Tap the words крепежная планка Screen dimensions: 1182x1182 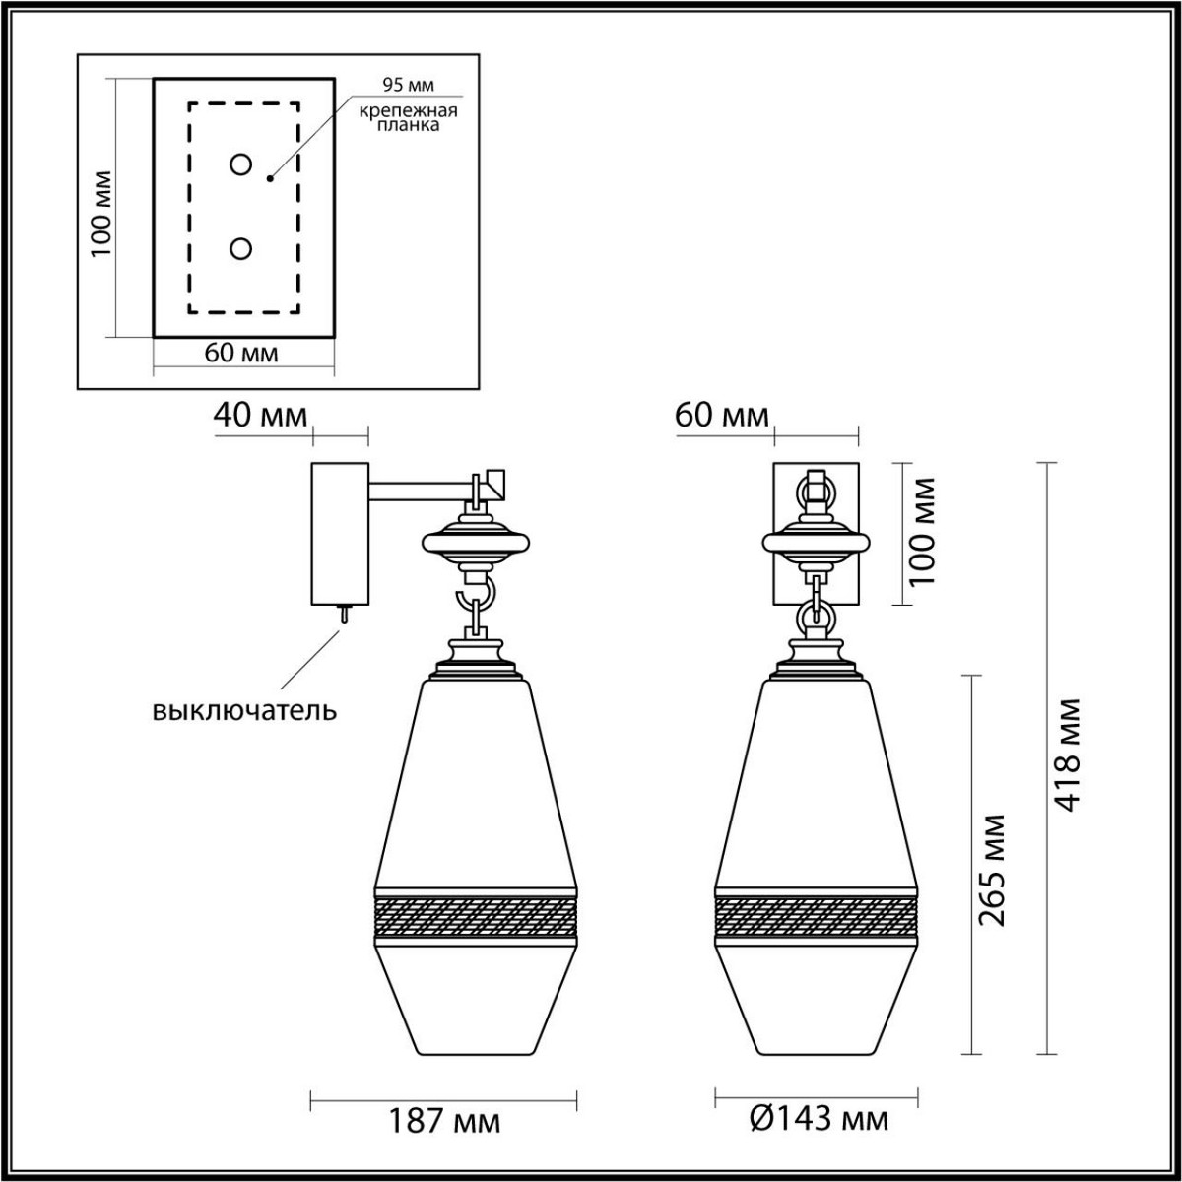pos(407,118)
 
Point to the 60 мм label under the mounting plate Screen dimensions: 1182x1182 pos(240,353)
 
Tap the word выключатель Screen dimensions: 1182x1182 pos(244,710)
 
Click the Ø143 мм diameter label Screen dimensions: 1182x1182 pos(818,1119)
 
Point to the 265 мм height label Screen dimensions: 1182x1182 pos(995,870)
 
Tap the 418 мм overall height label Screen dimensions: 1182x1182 pos(1067,755)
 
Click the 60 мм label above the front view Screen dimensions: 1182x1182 pos(722,416)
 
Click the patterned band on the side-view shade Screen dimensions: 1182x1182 pos(475,916)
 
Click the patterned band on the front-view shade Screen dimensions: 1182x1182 pos(817,916)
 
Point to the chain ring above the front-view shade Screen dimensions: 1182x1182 pos(817,619)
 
